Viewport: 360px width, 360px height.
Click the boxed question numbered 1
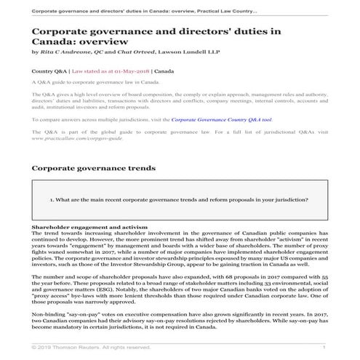click(179, 199)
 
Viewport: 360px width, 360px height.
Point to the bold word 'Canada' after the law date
click(164, 72)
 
